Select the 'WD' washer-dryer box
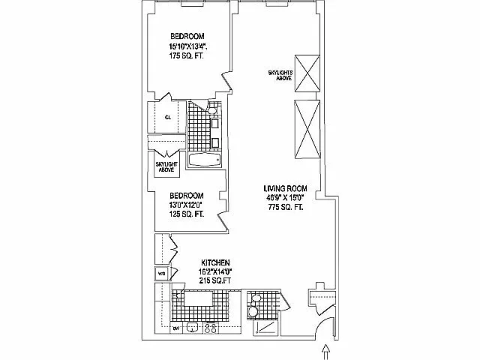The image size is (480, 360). click(161, 272)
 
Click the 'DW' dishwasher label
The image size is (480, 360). click(175, 328)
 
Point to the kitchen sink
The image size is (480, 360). click(192, 327)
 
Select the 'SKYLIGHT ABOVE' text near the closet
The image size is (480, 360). click(166, 167)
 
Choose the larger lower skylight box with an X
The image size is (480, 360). click(307, 129)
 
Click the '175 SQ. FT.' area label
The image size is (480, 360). click(187, 56)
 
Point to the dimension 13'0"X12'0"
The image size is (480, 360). click(187, 203)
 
